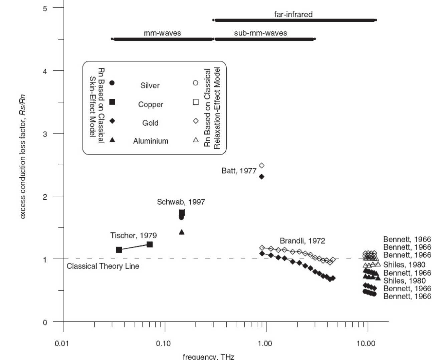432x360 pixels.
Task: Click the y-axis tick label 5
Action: (45, 8)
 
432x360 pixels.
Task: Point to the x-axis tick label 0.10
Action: (163, 344)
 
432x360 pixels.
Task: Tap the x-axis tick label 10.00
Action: (366, 344)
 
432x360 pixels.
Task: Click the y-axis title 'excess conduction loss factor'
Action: (23, 157)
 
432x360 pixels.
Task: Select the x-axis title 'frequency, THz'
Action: (208, 356)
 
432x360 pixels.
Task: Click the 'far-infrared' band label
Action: (293, 14)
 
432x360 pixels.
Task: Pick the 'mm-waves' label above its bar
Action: (162, 33)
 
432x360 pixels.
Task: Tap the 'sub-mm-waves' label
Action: (260, 33)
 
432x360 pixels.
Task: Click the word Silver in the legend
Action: (150, 85)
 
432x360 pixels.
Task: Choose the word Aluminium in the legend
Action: (151, 141)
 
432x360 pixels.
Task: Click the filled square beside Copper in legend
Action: (112, 102)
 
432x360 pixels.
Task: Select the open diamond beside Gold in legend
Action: (196, 121)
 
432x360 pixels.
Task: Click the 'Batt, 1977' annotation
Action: (239, 171)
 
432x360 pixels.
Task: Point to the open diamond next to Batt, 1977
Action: (262, 165)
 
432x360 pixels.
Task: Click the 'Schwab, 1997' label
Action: (181, 202)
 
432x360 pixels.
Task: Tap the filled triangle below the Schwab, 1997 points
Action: (182, 232)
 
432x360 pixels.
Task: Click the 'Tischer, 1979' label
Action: (134, 235)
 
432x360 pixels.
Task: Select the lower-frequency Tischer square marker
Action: (119, 250)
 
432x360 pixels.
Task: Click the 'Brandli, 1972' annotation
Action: (302, 241)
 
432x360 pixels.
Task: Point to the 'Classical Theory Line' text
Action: (103, 266)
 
